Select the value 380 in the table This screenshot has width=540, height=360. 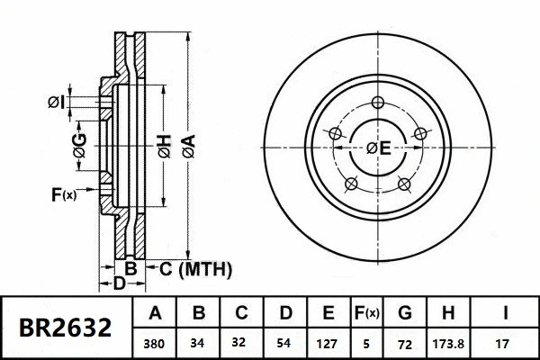tap(156, 343)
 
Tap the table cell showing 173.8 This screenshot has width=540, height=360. tap(456, 343)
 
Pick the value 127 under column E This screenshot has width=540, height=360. tap(328, 343)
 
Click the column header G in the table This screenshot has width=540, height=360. tap(405, 314)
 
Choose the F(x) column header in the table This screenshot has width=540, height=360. tap(366, 314)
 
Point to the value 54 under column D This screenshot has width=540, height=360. tap(284, 343)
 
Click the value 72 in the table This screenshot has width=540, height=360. tap(405, 343)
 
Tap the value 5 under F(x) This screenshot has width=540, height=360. tap(366, 343)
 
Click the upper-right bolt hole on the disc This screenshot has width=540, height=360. tap(418, 134)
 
